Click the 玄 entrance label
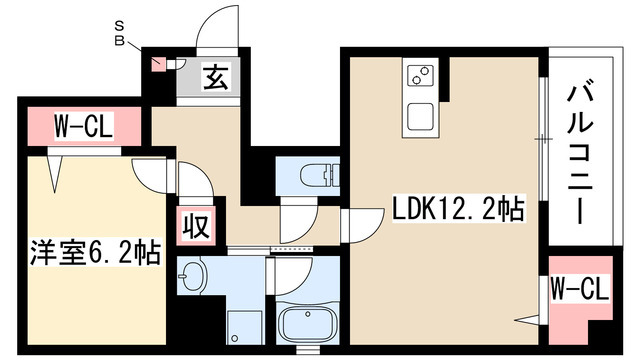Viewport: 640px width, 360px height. [x=215, y=77]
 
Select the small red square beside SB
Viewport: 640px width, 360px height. [x=157, y=63]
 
